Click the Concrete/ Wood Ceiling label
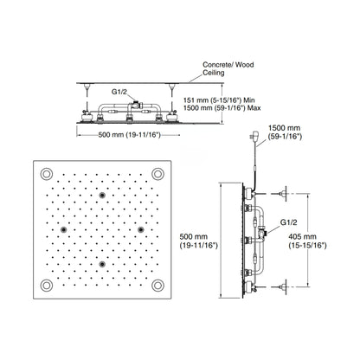coord(228,68)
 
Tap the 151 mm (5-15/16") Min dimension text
coord(220,100)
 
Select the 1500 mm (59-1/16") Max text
coord(222,108)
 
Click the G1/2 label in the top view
coord(119,92)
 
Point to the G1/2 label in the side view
coord(289,222)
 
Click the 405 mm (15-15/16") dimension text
coord(307,241)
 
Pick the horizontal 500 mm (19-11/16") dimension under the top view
coord(129,135)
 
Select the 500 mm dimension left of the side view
coord(198,241)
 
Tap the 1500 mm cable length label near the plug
coord(285,132)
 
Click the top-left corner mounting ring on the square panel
coord(47,174)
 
